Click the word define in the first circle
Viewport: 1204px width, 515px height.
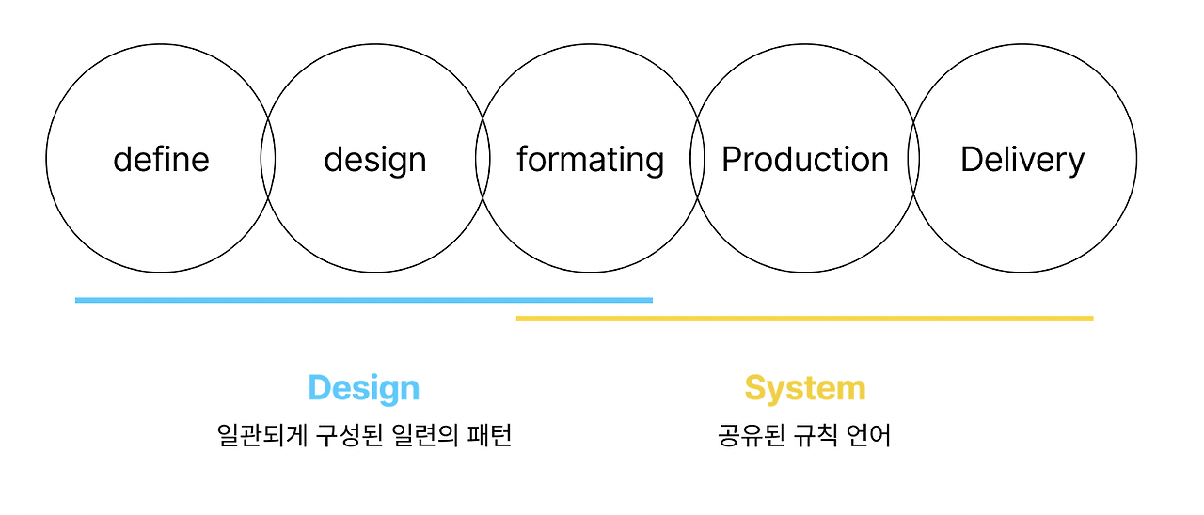161,159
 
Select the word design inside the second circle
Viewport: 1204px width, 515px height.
374,160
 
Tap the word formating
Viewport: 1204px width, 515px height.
590,160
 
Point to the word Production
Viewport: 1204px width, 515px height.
804,160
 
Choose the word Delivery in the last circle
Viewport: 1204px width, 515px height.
1022,160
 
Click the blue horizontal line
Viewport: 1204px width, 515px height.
363,300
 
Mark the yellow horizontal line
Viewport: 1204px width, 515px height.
804,319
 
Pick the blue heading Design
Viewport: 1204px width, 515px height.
363,387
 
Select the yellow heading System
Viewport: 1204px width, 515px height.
804,387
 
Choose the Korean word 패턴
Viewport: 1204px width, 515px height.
489,435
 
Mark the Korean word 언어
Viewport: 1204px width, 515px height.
868,435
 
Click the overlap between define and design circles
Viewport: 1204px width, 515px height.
268,159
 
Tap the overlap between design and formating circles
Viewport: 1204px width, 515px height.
483,159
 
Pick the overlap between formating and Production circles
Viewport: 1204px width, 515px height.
697,159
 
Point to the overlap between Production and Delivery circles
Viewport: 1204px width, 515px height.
912,159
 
